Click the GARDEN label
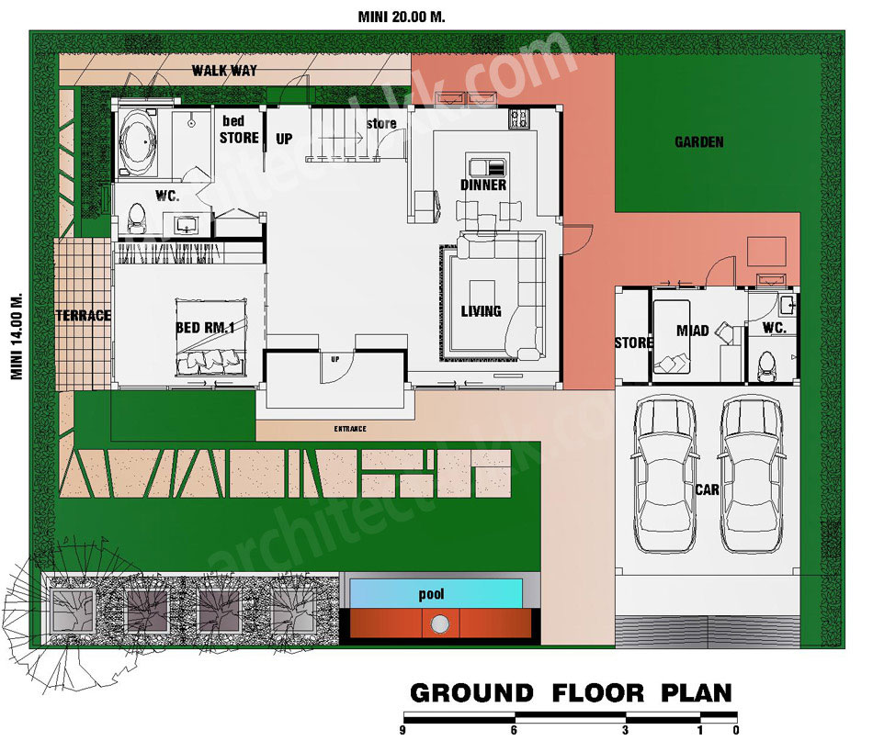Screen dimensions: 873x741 698,142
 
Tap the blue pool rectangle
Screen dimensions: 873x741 436,593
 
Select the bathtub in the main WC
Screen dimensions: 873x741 138,141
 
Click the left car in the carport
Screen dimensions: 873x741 664,474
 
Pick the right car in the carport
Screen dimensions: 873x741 753,474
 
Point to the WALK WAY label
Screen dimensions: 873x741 224,71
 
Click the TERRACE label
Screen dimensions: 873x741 83,316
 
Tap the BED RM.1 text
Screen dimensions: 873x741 205,328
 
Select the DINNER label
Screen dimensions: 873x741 483,185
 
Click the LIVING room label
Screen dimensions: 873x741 481,311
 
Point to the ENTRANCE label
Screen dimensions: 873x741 350,429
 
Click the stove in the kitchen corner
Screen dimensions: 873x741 518,118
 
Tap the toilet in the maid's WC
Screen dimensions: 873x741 766,365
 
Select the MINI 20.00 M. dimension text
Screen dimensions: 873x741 402,17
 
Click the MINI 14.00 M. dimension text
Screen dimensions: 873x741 17,337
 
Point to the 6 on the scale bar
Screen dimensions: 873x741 514,730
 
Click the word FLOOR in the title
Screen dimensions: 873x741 597,694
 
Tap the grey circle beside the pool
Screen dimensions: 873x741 440,623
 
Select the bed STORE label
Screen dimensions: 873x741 239,129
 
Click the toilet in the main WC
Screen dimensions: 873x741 136,218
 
